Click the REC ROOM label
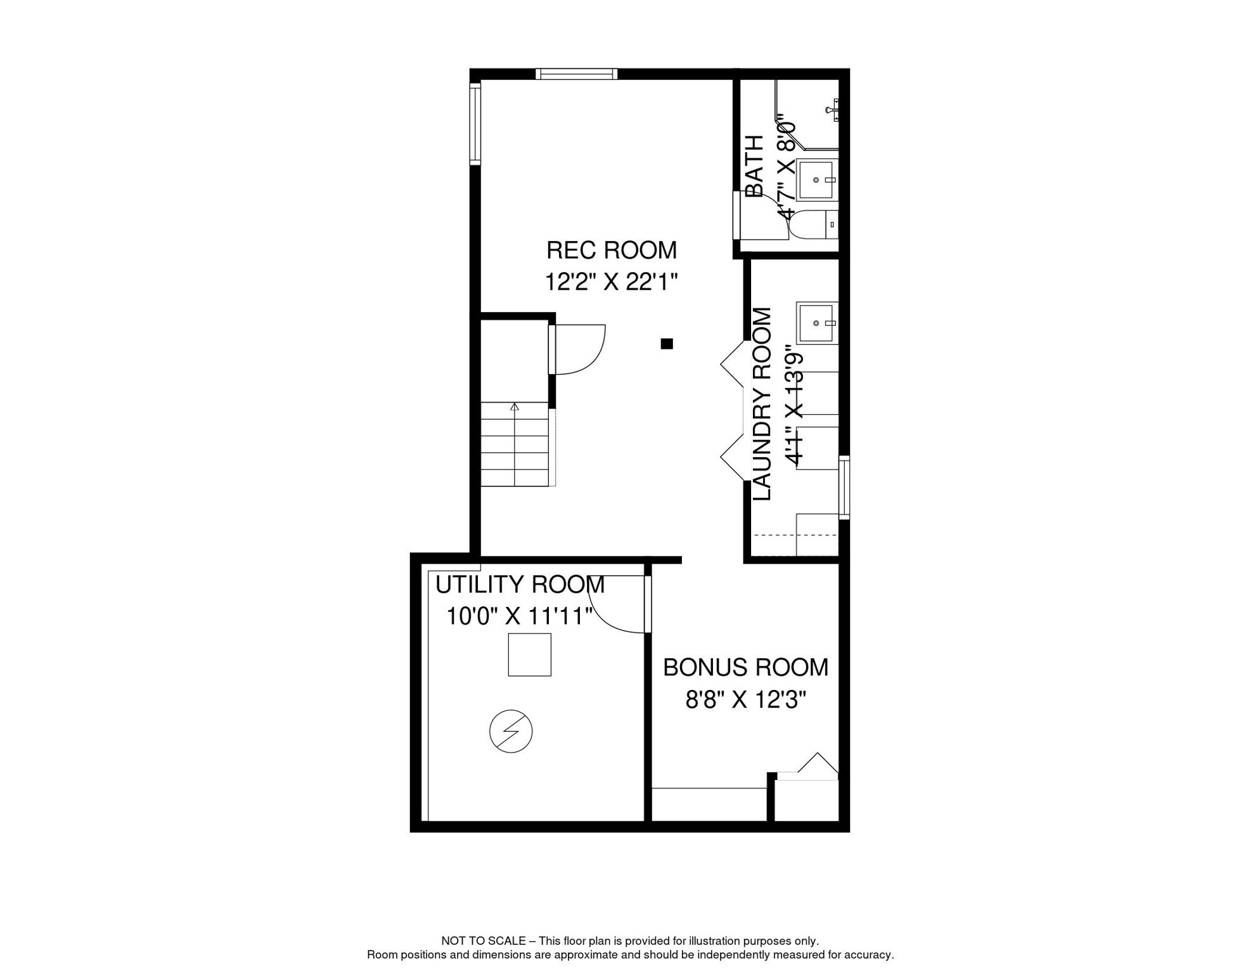click(611, 250)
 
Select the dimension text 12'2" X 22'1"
click(611, 282)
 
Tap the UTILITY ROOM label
click(520, 584)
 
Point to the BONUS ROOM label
click(745, 668)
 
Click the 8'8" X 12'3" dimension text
click(745, 700)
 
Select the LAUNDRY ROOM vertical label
click(762, 404)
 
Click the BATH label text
click(754, 166)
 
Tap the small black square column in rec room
click(667, 344)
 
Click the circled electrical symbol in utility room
click(511, 731)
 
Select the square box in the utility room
click(529, 654)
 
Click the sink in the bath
click(818, 180)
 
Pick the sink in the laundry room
click(818, 323)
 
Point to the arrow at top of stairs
click(515, 406)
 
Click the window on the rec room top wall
click(576, 74)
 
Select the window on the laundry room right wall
click(844, 487)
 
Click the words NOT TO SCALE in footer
click(483, 941)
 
